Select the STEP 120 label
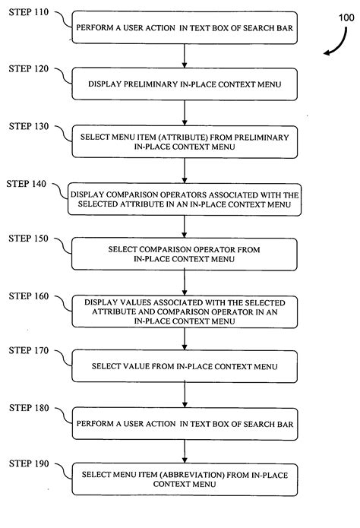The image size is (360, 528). (x=28, y=69)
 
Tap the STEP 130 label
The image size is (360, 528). (x=28, y=125)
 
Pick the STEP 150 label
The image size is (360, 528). (x=28, y=238)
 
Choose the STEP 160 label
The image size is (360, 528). (x=28, y=294)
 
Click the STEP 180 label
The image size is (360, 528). (x=28, y=408)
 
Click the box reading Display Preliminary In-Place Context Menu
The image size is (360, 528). (x=185, y=84)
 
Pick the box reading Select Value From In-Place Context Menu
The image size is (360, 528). (x=185, y=366)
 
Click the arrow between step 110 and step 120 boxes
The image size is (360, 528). (x=185, y=55)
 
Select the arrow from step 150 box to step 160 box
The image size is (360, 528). (x=185, y=281)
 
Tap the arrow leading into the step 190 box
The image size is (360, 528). (x=185, y=449)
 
